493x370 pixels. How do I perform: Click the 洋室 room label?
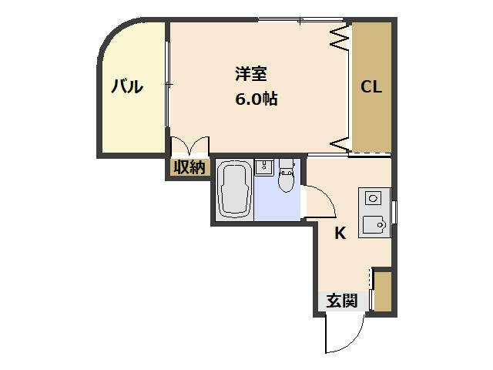(x=251, y=74)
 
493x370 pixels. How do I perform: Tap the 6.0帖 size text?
(x=257, y=99)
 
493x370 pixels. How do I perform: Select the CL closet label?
(x=371, y=86)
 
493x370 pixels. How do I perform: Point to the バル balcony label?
(x=127, y=86)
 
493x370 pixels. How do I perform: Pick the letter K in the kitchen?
(x=340, y=233)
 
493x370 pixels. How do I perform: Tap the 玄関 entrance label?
(x=342, y=301)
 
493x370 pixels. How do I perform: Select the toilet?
(x=286, y=176)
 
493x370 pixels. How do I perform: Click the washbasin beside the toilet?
(x=263, y=167)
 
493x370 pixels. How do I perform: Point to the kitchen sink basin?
(x=373, y=224)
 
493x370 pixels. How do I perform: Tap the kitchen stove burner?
(x=373, y=199)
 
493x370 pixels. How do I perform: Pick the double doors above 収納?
(x=190, y=146)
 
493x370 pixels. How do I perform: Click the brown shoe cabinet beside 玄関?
(x=383, y=291)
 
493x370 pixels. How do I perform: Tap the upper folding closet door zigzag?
(x=340, y=37)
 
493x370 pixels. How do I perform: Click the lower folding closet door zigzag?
(x=340, y=144)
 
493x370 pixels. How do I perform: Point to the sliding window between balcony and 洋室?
(x=168, y=84)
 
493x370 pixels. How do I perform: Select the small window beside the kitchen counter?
(x=394, y=212)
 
